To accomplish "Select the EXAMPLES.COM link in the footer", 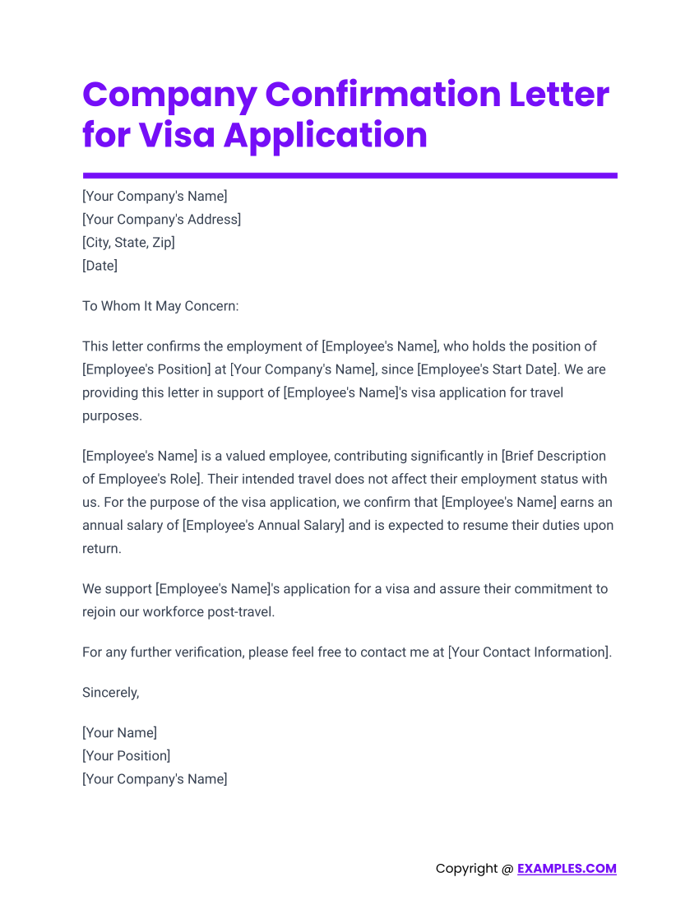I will pos(567,869).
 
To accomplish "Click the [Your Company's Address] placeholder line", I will pos(161,220).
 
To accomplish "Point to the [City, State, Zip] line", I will pos(128,243).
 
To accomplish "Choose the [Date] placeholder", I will pos(100,266).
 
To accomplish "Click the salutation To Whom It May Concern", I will pos(160,306).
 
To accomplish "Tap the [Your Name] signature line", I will pos(119,732).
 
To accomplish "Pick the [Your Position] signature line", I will pos(126,755).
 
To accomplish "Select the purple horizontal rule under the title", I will pos(349,175).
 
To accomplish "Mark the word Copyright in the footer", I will pos(466,869).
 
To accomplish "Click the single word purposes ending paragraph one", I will pos(112,415).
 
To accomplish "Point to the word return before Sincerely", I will pos(101,548).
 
